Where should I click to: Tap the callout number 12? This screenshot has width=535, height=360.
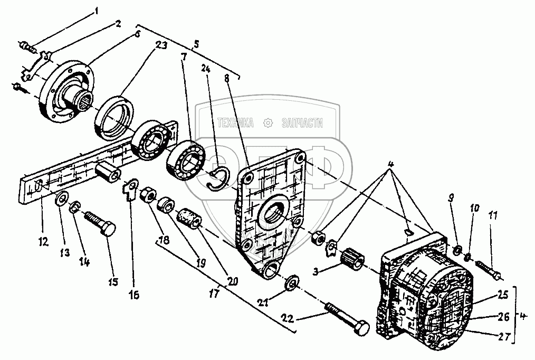(43, 242)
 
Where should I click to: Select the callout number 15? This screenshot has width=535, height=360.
(113, 282)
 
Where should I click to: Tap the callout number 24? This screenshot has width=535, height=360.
(206, 69)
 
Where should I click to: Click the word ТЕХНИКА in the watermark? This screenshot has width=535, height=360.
(235, 122)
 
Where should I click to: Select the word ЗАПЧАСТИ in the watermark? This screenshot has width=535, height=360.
(302, 123)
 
